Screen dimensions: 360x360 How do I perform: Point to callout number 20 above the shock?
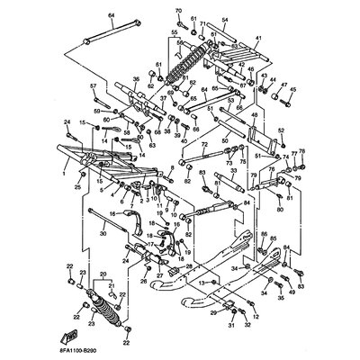pyautogui.click(x=102, y=274)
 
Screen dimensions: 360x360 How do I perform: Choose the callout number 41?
pyautogui.click(x=256, y=38)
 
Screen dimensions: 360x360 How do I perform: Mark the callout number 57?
pyautogui.click(x=93, y=85)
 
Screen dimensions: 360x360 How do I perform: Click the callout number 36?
pyautogui.click(x=136, y=78)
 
